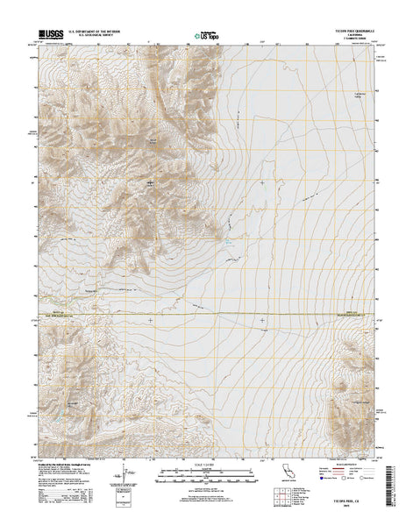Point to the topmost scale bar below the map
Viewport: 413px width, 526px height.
205,467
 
